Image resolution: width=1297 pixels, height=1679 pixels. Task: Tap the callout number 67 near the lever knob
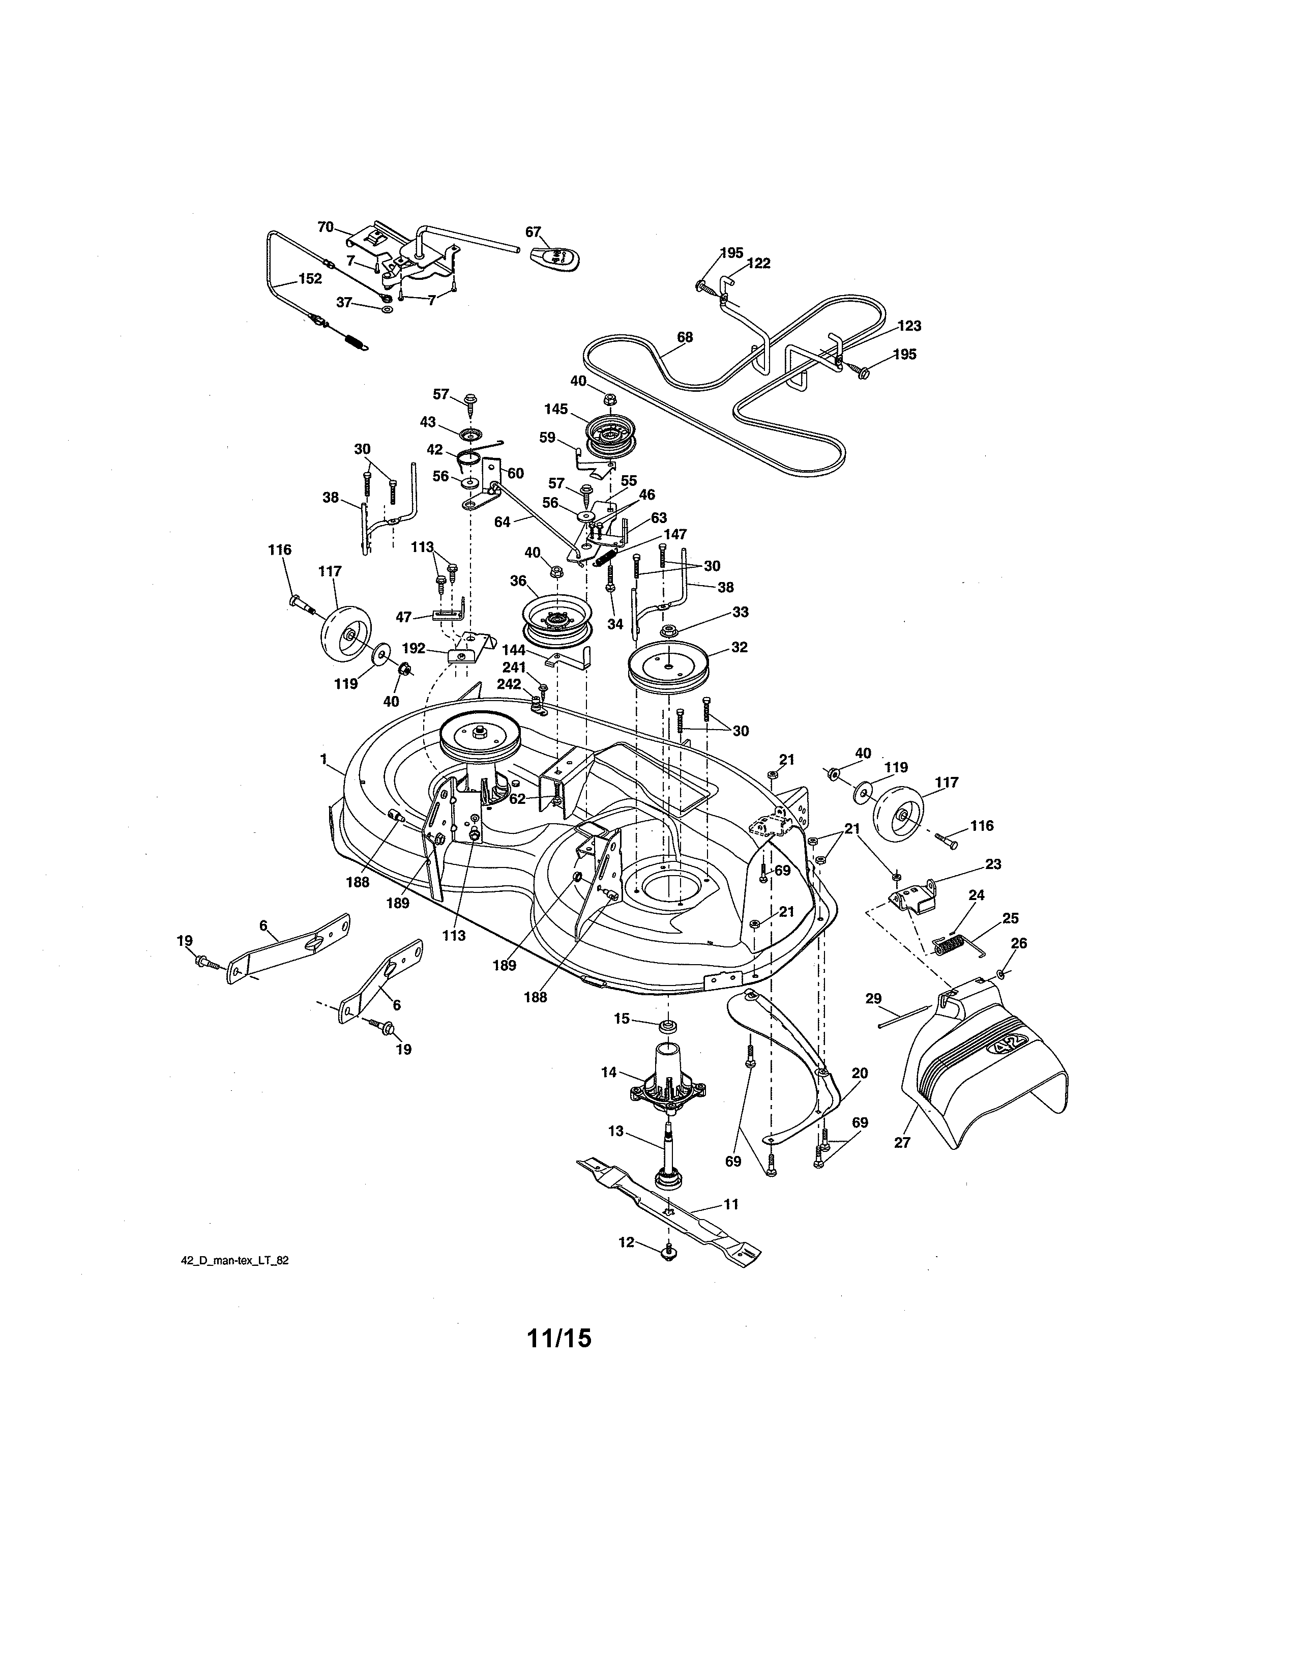tap(533, 231)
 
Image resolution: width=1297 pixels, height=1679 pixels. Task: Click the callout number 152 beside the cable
tap(310, 278)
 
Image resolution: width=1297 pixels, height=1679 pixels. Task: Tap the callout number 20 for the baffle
tap(859, 1073)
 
